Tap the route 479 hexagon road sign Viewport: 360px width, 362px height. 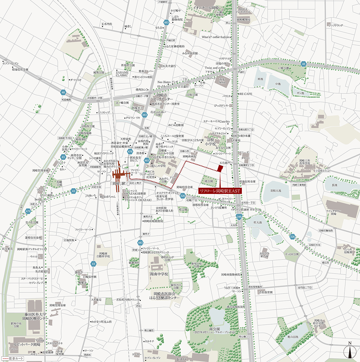28,212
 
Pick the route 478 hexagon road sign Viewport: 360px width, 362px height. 130,152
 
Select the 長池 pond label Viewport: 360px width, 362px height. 334,185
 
